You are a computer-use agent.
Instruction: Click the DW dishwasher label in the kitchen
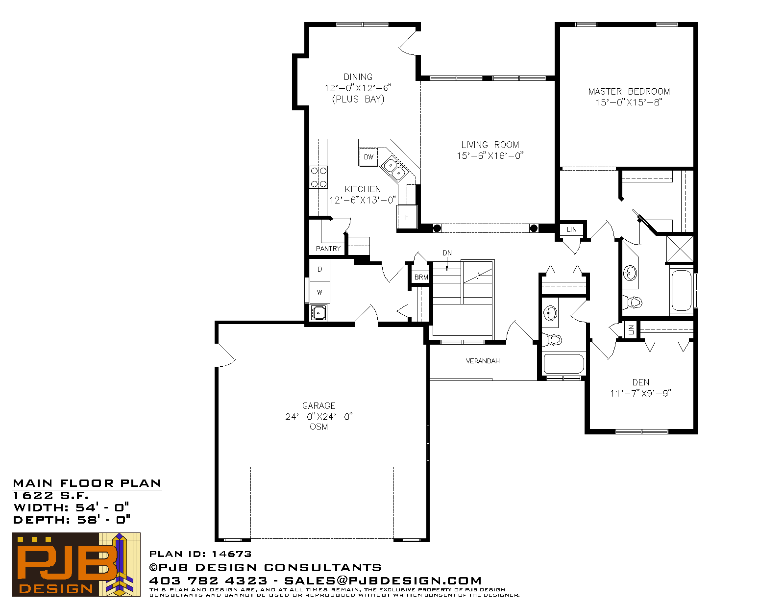point(368,157)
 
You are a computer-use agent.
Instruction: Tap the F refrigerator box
point(407,217)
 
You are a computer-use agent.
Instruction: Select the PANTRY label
point(328,249)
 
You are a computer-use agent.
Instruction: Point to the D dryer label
point(319,269)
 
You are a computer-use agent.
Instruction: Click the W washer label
point(319,292)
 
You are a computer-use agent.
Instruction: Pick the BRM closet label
point(421,277)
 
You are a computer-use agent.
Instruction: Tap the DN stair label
point(447,253)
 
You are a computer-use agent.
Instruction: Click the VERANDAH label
point(482,361)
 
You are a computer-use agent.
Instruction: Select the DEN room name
point(641,382)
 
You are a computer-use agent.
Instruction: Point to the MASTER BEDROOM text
point(629,92)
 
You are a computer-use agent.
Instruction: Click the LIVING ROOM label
point(490,145)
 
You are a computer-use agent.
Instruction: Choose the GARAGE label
point(318,405)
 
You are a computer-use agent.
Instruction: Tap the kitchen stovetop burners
point(318,177)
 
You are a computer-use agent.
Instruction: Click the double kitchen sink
point(395,169)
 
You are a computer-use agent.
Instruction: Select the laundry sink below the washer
point(318,313)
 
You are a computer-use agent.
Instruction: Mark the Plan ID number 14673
point(231,554)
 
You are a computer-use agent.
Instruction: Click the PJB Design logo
point(76,564)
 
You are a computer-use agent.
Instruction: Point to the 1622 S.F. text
point(50,496)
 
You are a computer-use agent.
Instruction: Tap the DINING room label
point(358,77)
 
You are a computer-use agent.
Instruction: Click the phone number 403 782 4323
point(208,581)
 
